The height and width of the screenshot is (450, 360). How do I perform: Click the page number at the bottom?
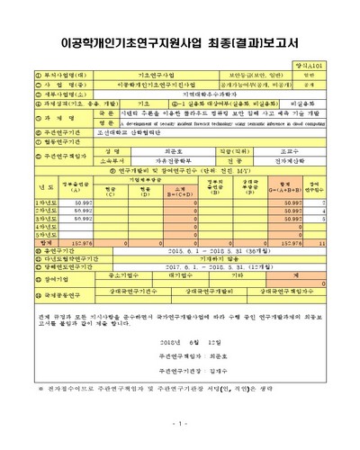180,424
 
